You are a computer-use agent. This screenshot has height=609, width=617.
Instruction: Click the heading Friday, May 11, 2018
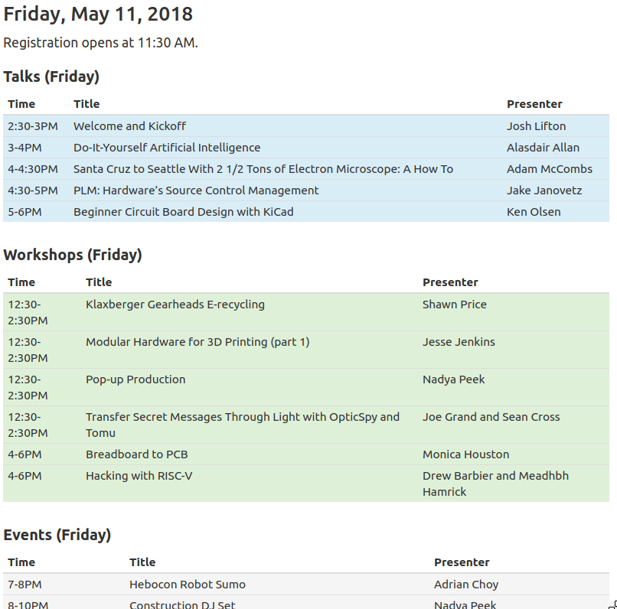(x=98, y=14)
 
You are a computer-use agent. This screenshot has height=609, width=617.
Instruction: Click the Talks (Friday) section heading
(x=51, y=77)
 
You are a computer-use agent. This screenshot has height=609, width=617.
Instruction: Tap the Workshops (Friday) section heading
(x=73, y=255)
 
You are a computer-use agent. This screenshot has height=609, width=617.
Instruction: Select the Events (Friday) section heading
(x=57, y=535)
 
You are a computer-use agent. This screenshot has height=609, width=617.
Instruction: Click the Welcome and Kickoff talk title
(x=129, y=126)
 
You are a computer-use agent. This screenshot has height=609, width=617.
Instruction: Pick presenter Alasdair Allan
(x=543, y=148)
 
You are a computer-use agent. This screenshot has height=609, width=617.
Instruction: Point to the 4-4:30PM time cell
(x=33, y=169)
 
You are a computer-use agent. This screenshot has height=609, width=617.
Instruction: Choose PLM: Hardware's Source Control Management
(x=196, y=191)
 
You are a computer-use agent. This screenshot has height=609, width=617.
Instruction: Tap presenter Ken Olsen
(x=534, y=212)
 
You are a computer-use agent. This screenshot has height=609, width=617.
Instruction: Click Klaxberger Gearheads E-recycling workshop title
(x=175, y=304)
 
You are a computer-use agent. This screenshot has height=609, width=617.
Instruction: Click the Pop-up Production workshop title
(x=135, y=379)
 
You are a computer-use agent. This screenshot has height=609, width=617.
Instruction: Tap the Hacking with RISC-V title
(x=139, y=476)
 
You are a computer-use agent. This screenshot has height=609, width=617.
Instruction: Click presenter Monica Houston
(x=465, y=454)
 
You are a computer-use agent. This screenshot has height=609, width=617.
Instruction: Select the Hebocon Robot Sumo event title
(x=188, y=585)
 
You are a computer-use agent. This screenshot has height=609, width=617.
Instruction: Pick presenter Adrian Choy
(x=466, y=585)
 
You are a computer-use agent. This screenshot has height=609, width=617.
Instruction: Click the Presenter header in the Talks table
(x=534, y=104)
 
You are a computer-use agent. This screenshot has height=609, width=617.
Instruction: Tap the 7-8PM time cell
(x=24, y=585)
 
